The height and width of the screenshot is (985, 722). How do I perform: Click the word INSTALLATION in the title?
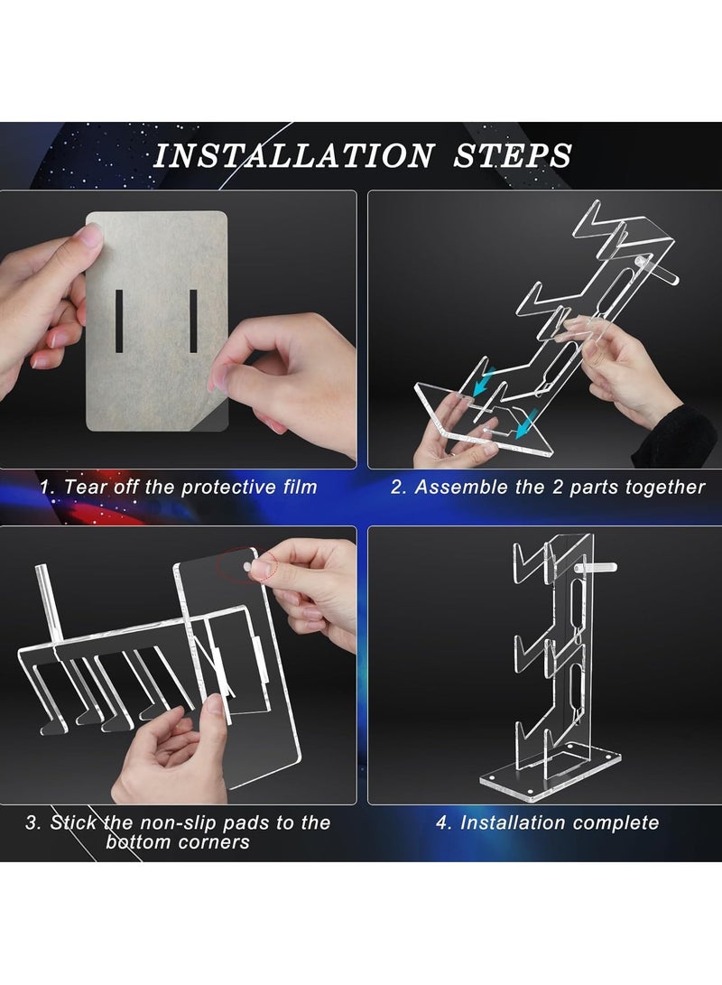(294, 156)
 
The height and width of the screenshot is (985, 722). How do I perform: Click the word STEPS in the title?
(513, 156)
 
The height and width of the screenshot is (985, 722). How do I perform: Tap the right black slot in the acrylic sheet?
(193, 321)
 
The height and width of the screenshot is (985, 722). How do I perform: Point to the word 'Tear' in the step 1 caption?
(85, 487)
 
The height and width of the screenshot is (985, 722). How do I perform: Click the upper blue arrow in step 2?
(484, 381)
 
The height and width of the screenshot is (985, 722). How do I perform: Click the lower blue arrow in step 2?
(525, 423)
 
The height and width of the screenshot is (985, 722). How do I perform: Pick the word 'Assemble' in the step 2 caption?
(460, 487)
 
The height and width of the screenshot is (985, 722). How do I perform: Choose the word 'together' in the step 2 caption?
(670, 488)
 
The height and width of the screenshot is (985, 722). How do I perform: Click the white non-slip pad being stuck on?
(248, 567)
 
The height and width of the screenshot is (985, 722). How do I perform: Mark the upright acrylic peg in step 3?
(49, 604)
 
